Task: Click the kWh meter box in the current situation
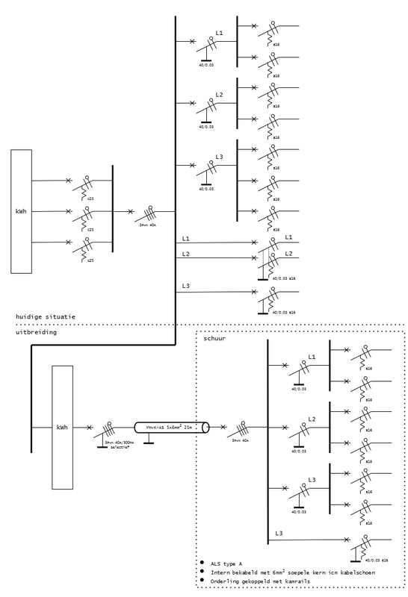[21, 210]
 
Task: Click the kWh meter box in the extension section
[62, 428]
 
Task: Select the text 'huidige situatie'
[46, 317]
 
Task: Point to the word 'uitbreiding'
[37, 332]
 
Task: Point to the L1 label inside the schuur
[313, 357]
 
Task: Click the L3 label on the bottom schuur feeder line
[278, 532]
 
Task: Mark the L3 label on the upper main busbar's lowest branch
[185, 286]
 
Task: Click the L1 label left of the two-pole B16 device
[185, 238]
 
